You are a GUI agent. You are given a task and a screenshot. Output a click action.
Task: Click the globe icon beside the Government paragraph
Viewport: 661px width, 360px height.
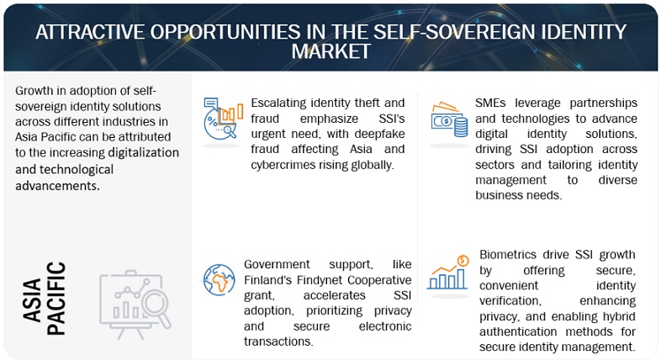(220, 278)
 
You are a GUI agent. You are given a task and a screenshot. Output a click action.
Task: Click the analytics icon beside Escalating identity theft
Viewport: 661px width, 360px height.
(219, 119)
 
